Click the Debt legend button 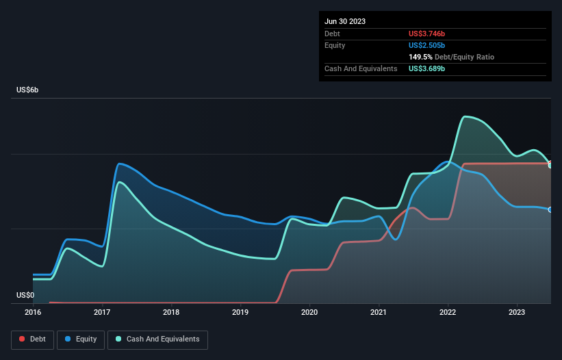[31, 339]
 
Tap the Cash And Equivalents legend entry [157, 339]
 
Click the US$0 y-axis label [25, 296]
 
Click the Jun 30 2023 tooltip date [345, 21]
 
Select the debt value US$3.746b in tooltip [426, 34]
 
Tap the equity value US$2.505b [426, 45]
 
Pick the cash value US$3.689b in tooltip [426, 68]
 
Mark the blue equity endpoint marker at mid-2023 [550, 209]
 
